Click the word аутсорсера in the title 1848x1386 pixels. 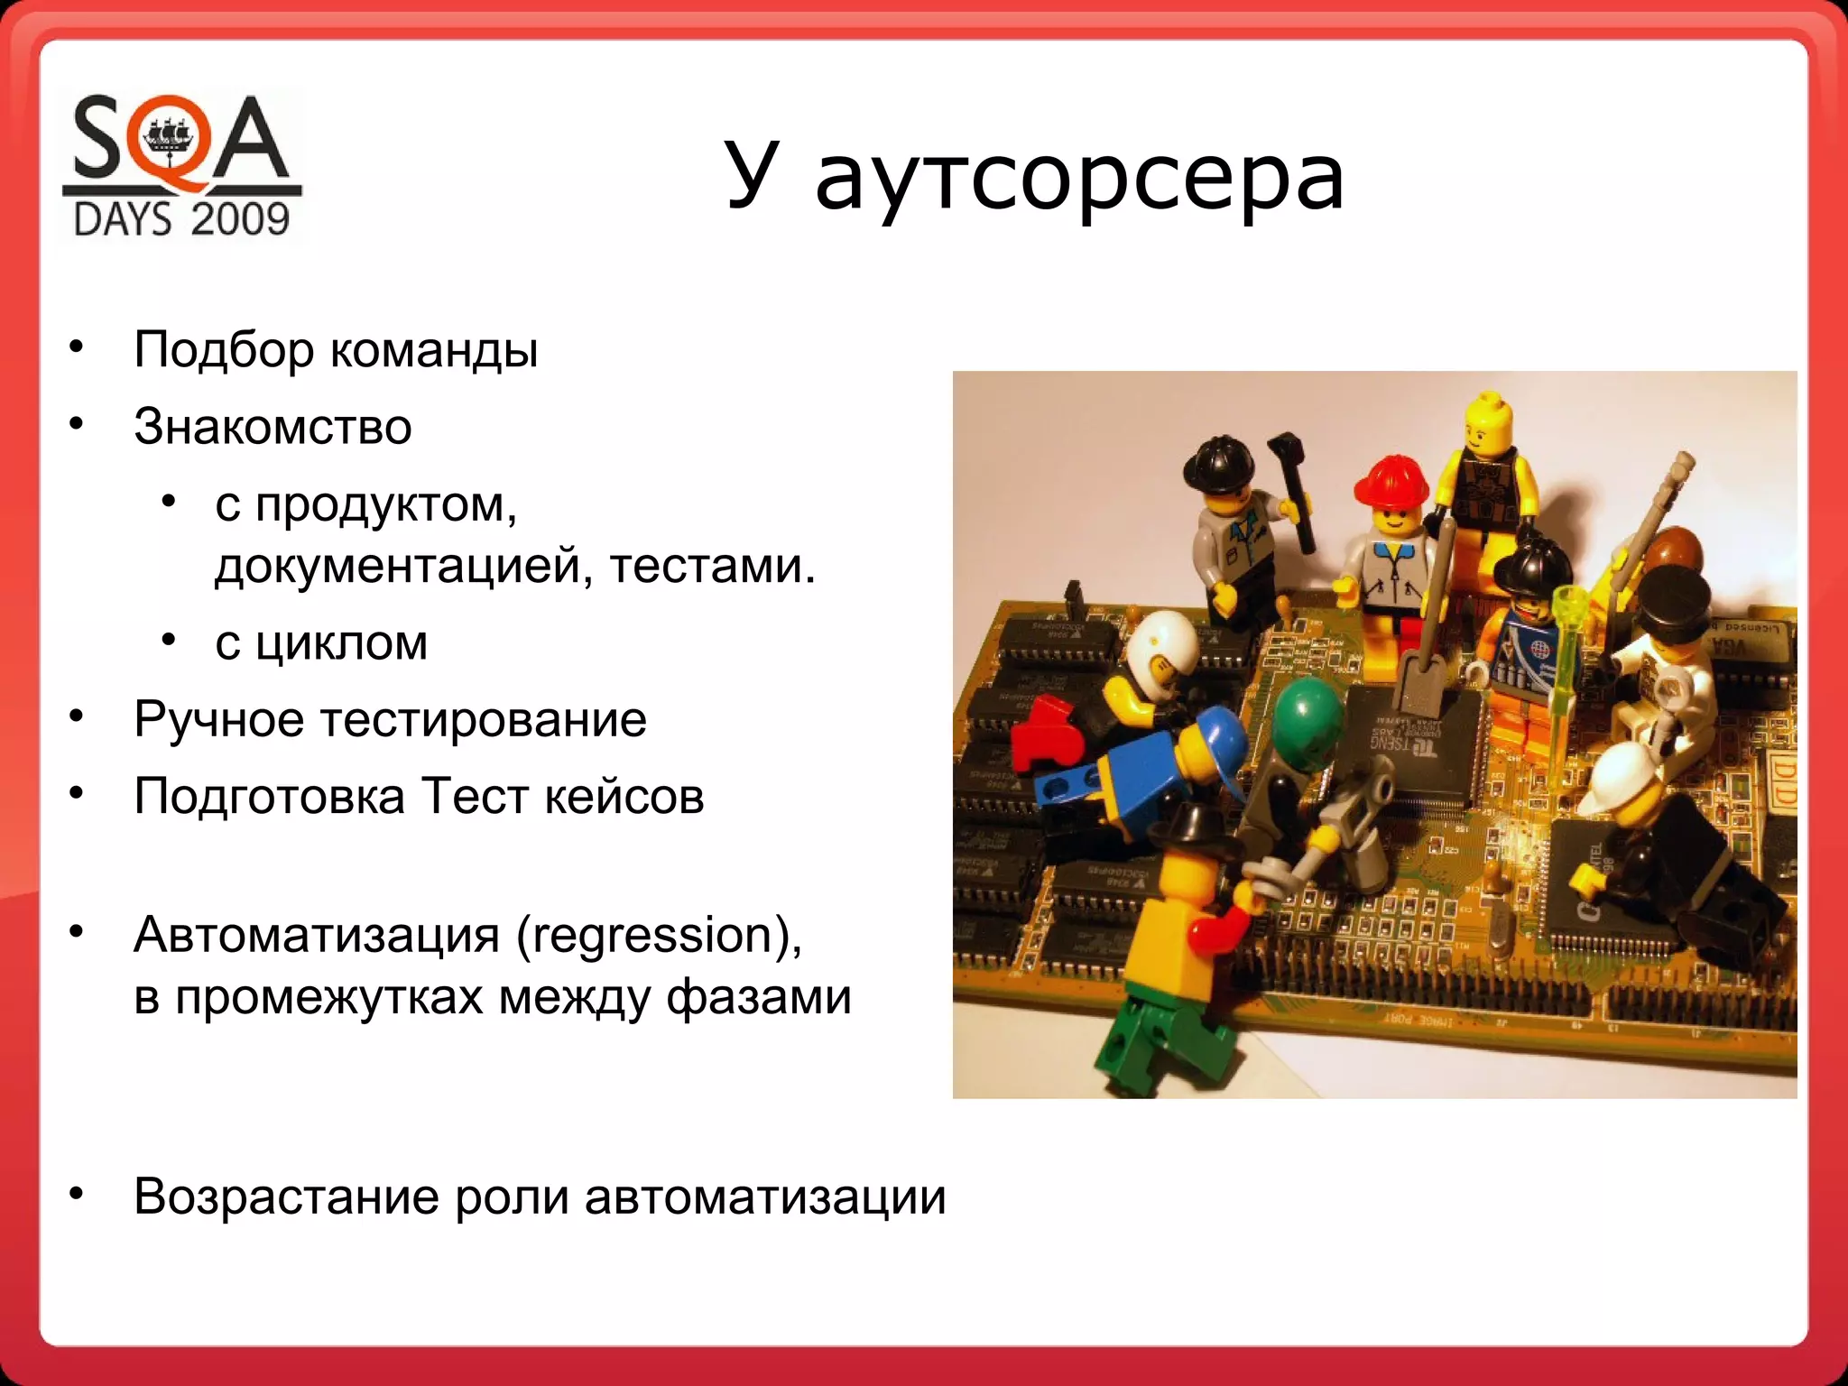[x=1079, y=178]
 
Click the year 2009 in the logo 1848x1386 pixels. [x=239, y=219]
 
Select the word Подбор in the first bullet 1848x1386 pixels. [x=224, y=350]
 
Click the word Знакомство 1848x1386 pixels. [x=273, y=426]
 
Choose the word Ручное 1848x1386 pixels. [x=219, y=720]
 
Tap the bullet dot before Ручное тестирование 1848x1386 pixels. [x=78, y=718]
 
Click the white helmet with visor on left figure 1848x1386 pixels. [x=1162, y=652]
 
